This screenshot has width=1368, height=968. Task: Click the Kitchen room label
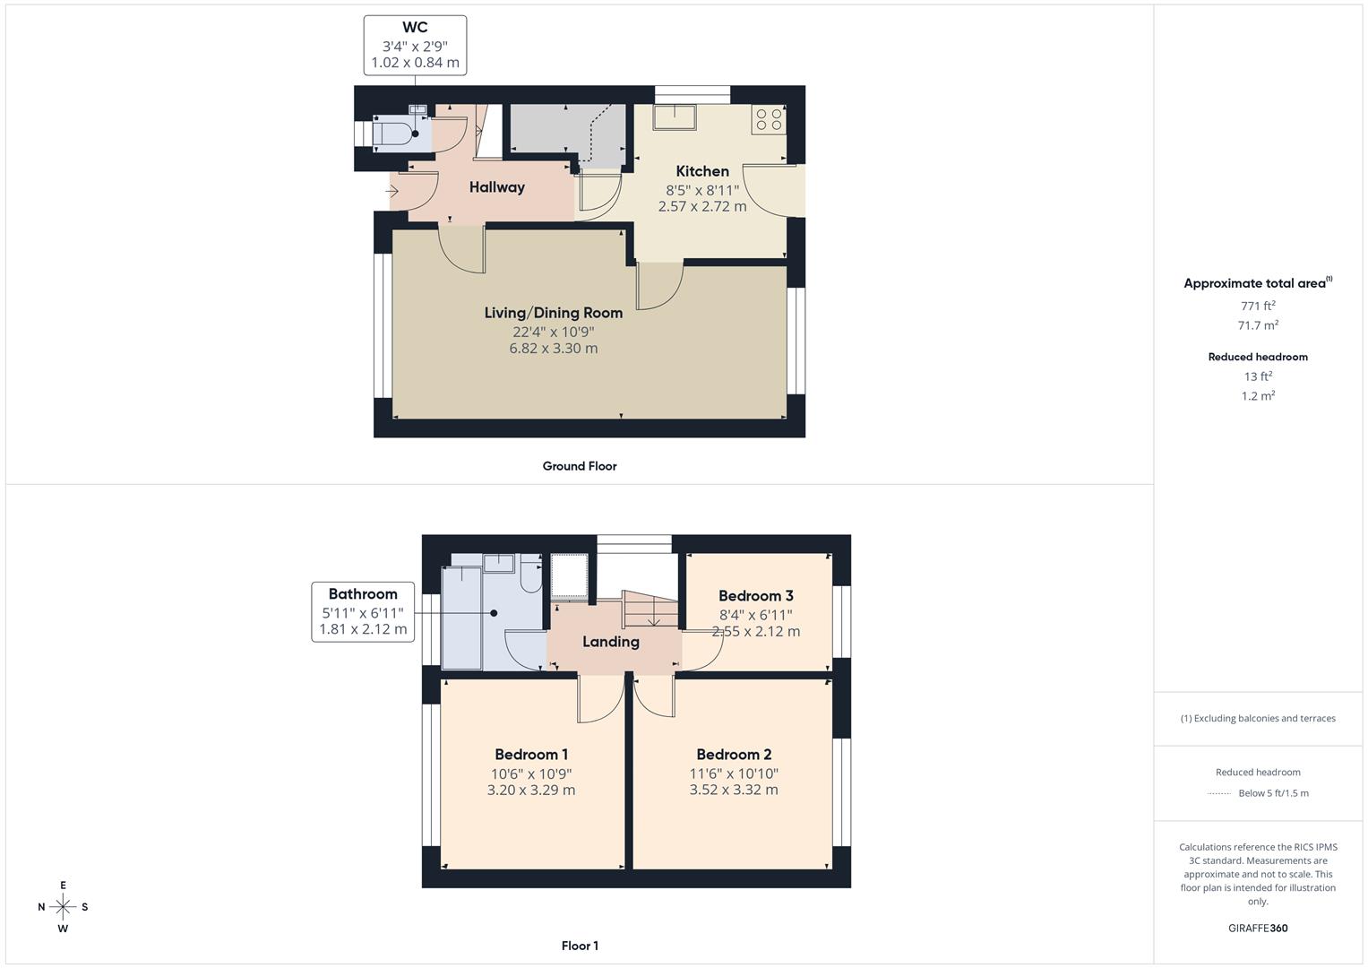tap(701, 171)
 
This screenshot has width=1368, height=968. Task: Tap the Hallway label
tap(496, 187)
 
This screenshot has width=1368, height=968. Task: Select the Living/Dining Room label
tap(553, 313)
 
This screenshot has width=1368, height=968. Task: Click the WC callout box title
tap(415, 28)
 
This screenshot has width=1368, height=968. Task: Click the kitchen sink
tap(674, 117)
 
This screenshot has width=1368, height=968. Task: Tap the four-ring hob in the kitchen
tap(768, 119)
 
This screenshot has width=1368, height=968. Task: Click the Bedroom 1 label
tap(530, 755)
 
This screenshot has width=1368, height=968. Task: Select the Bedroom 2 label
tap(733, 755)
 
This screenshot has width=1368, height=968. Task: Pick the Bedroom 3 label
tap(755, 596)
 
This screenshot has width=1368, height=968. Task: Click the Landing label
tap(610, 642)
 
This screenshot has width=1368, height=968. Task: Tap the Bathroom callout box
tap(363, 611)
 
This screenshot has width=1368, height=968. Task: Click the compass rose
tap(63, 907)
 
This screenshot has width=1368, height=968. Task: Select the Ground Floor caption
tap(579, 466)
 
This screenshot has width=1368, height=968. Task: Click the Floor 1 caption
tap(579, 946)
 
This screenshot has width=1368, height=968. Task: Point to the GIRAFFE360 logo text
tap(1257, 928)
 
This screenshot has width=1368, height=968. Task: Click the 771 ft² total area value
tap(1257, 306)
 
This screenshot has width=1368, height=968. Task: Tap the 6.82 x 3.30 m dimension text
tap(553, 349)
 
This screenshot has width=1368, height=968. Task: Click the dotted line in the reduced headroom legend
tap(1219, 793)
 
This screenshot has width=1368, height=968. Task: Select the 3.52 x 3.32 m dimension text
tap(733, 790)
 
